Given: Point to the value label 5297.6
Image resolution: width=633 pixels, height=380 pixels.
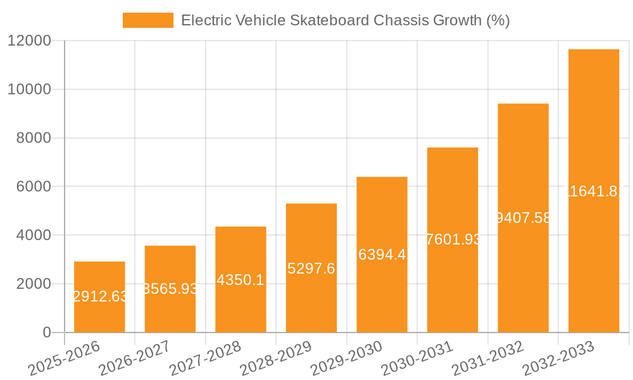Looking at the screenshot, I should pyautogui.click(x=311, y=269).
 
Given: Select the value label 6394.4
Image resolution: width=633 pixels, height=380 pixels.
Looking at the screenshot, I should pyautogui.click(x=382, y=255).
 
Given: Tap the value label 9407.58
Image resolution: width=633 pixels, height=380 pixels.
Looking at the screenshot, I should pyautogui.click(x=523, y=218).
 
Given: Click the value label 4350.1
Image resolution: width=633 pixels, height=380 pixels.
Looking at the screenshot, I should pyautogui.click(x=241, y=280).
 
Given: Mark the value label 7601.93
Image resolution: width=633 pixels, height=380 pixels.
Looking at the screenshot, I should pyautogui.click(x=453, y=240).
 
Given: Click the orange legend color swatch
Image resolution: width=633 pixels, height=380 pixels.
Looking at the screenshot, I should pyautogui.click(x=147, y=20).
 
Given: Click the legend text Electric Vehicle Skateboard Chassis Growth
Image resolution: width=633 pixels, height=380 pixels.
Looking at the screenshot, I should pyautogui.click(x=345, y=20).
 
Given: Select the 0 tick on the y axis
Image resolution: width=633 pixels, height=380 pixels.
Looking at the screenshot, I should pyautogui.click(x=46, y=332).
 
